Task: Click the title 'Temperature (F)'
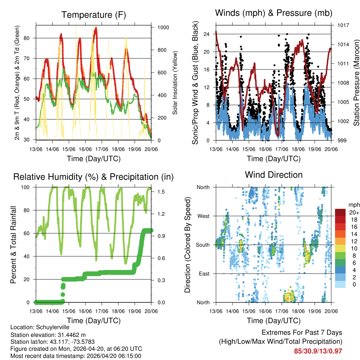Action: coord(94,15)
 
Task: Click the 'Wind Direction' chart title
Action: coord(274,174)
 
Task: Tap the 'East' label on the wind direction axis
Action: coord(203,274)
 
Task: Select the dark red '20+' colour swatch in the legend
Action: coord(340,212)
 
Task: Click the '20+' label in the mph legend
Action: coord(354,212)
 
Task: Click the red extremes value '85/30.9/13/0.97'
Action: coord(318,351)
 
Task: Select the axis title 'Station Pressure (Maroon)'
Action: coord(356,83)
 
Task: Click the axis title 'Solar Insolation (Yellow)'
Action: coord(175,83)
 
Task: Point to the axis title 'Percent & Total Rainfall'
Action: coord(13,245)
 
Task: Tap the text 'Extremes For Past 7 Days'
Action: coord(302,333)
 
